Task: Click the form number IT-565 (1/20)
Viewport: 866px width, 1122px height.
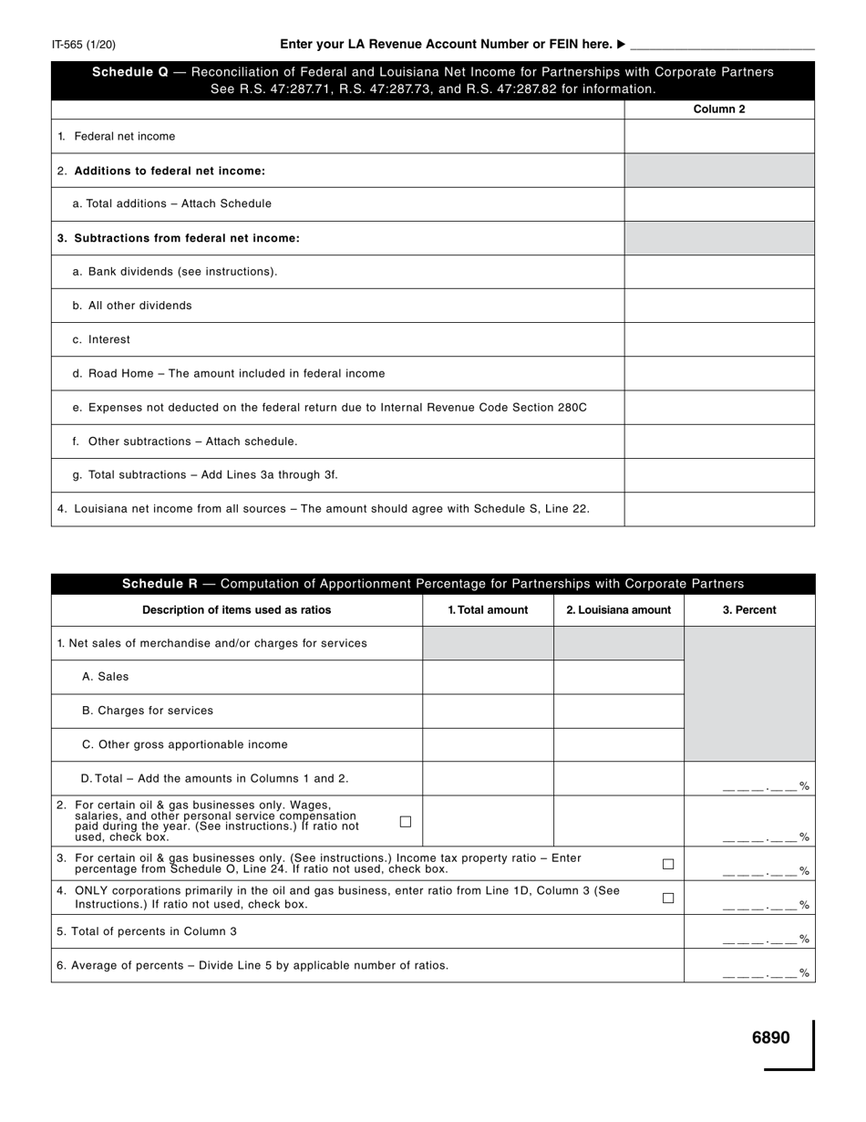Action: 83,45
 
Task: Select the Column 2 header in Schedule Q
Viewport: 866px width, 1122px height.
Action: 718,109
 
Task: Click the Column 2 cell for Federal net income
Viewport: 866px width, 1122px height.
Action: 718,137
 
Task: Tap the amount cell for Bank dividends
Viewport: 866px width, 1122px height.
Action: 718,272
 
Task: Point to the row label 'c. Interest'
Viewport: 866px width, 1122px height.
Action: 109,339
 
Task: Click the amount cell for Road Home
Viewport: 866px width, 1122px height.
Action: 718,374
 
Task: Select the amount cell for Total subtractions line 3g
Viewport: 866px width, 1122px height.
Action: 718,475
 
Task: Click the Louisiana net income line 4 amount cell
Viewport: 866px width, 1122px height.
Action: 718,509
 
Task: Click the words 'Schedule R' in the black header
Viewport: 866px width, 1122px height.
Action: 160,584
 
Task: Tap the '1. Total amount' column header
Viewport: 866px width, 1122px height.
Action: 488,610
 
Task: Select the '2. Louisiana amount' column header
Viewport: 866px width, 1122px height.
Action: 618,610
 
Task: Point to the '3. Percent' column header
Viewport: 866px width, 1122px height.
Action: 749,610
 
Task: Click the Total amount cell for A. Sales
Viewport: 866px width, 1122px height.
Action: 488,677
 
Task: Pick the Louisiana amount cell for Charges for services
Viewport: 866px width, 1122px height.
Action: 618,711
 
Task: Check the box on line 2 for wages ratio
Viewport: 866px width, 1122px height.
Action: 406,822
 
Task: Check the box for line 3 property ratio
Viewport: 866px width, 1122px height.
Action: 668,864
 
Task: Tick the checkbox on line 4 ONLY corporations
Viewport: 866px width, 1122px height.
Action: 668,898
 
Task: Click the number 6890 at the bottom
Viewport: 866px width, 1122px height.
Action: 770,1038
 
